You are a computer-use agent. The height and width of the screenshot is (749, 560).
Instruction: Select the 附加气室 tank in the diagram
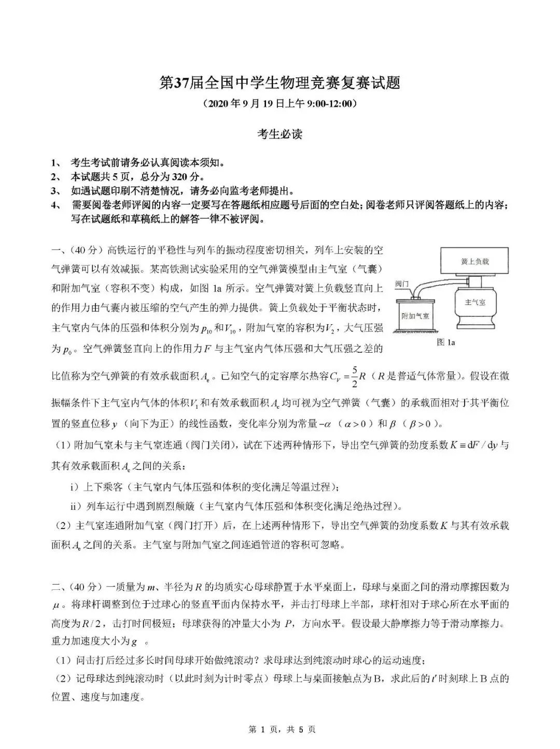tap(416, 314)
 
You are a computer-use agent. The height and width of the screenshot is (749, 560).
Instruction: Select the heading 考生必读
tap(280, 134)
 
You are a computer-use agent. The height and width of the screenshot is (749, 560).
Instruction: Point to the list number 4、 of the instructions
tap(56, 205)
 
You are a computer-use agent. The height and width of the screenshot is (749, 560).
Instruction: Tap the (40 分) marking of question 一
tap(85, 251)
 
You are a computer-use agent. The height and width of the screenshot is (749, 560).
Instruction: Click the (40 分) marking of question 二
tap(85, 588)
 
